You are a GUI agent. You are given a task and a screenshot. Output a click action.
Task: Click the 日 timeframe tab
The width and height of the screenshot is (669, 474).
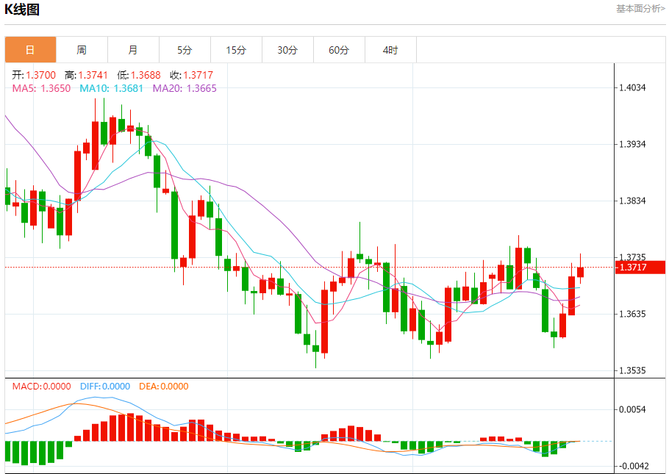coord(30,50)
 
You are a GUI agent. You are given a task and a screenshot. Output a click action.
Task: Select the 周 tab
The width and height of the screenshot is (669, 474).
coord(82,50)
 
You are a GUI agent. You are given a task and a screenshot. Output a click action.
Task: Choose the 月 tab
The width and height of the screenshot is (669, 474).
coord(133,50)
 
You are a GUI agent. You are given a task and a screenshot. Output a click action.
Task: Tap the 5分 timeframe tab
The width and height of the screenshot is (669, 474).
coord(185,50)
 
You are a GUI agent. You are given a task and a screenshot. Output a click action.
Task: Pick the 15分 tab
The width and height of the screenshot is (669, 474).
coord(236,50)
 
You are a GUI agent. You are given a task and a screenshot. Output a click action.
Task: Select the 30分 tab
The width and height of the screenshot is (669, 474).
coord(287,50)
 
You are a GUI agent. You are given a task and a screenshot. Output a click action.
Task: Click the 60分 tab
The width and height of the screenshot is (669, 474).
coord(339,50)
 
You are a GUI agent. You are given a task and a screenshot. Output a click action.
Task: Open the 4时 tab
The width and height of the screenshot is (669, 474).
coord(390,50)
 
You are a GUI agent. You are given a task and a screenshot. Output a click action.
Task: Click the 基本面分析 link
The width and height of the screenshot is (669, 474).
coord(640,9)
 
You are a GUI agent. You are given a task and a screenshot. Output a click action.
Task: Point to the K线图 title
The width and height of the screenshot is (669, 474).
coord(22,10)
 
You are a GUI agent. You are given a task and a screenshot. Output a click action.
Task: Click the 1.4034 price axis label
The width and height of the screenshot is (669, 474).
coord(632,88)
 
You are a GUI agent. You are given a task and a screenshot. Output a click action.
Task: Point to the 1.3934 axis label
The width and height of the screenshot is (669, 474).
coord(632,144)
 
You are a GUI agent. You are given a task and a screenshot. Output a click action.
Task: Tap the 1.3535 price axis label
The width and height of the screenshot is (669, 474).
coord(632,370)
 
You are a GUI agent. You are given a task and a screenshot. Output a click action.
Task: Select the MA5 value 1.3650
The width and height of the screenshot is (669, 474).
coord(55,88)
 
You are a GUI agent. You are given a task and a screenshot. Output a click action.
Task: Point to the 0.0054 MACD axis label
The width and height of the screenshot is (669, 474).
coord(632,409)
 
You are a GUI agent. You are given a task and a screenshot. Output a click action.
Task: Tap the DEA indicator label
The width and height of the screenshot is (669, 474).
coord(173,387)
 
